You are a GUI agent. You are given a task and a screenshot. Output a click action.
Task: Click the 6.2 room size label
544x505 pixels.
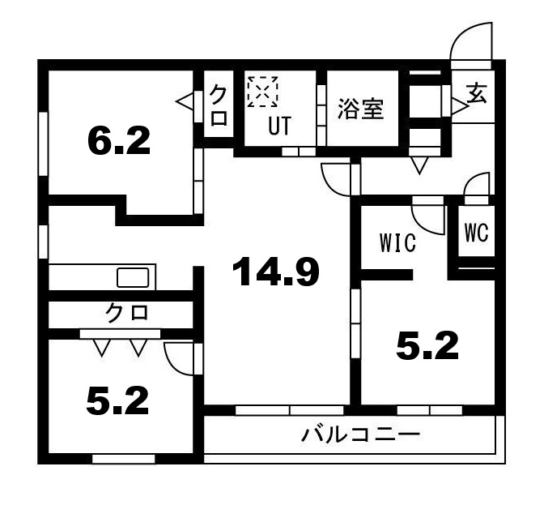point(118,142)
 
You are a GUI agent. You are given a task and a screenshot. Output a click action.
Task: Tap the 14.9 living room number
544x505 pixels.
point(276,272)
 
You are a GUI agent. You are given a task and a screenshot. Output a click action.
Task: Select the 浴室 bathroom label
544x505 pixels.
point(361,109)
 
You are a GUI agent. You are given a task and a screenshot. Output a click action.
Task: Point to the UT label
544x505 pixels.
point(280,126)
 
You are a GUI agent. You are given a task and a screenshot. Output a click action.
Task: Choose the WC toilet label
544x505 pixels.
point(476,233)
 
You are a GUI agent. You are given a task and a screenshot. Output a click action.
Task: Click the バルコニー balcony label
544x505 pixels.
point(361,435)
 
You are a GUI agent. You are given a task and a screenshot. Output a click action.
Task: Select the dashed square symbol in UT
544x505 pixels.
point(262,91)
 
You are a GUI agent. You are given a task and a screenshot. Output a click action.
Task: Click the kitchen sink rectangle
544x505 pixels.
point(133,278)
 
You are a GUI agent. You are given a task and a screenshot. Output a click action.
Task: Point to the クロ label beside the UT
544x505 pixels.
point(219,106)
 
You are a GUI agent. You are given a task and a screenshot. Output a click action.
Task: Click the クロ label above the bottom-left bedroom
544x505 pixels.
point(128,313)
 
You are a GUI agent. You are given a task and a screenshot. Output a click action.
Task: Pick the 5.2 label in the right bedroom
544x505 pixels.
point(427,346)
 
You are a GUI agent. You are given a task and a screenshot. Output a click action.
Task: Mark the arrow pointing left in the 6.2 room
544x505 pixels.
point(184,101)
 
